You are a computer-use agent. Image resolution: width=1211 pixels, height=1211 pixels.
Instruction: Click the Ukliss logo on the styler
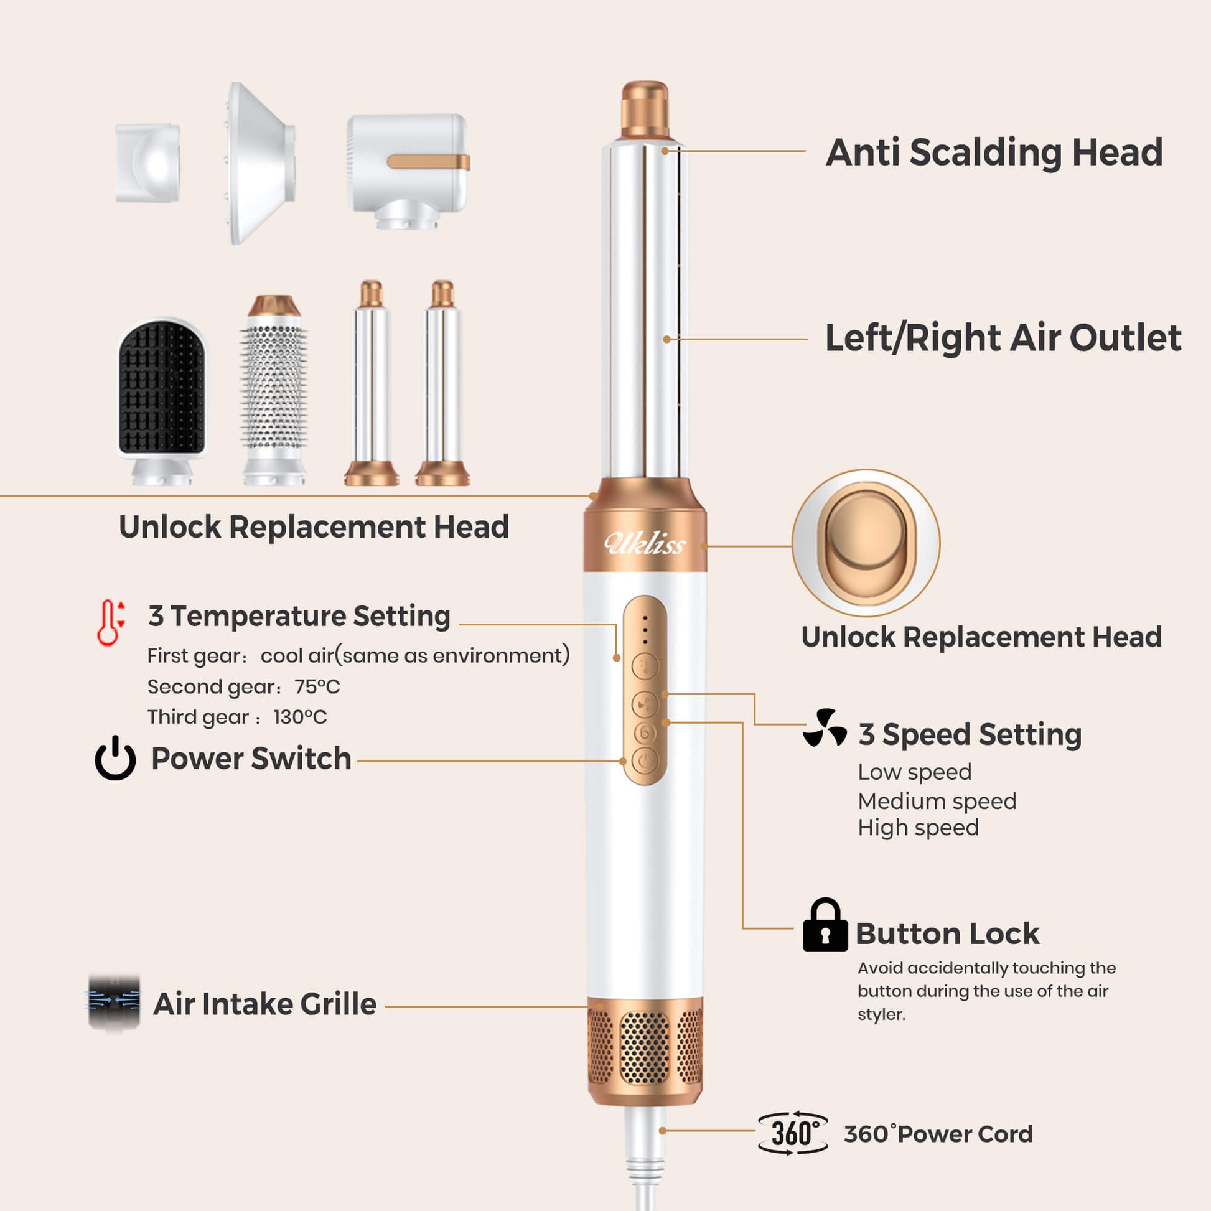point(645,543)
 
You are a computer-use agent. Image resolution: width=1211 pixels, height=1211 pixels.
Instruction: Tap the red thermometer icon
point(111,622)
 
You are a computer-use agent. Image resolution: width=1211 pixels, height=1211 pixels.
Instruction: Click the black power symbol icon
point(115,758)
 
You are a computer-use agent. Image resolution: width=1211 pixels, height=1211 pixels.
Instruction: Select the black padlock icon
point(825,925)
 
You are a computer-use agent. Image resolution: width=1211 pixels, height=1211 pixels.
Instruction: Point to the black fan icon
point(825,728)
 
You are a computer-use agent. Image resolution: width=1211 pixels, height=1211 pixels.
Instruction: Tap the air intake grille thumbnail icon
point(114,1003)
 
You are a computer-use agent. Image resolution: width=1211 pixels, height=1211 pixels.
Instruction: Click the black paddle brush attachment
point(162,401)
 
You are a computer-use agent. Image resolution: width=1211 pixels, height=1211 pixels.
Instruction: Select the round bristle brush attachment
point(274,390)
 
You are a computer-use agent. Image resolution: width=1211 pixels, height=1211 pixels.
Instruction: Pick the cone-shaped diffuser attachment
point(260,163)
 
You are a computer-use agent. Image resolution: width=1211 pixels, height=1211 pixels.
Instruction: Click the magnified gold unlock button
point(866,543)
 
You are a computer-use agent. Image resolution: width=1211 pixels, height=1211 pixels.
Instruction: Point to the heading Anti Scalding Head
point(994,152)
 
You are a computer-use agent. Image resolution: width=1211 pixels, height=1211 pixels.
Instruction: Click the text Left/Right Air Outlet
point(1003,338)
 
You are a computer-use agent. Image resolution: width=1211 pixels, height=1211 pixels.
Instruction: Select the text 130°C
point(299,717)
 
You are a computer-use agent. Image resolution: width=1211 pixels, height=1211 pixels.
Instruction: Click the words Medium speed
point(937,801)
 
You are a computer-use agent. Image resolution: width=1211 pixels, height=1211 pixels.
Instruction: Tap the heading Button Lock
point(947,933)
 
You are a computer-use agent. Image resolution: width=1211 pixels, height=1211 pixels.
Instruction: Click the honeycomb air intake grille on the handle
point(644,1047)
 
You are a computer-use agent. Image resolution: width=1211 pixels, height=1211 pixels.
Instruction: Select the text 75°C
point(317,686)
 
